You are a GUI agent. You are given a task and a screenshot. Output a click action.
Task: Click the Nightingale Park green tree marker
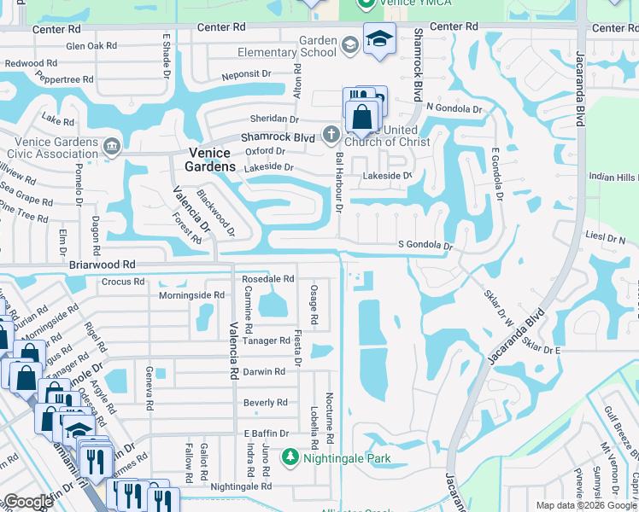coord(290,458)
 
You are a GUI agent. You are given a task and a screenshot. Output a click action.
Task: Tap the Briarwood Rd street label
coord(103,265)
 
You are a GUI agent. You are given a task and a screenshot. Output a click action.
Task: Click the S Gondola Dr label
coord(425,246)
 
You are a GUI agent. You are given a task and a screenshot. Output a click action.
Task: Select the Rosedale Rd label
coord(268,279)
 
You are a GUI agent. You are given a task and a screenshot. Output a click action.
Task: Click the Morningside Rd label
coord(191,295)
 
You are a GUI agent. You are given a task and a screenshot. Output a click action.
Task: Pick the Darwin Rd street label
coord(264,371)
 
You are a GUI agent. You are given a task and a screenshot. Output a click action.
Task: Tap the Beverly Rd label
coord(265,403)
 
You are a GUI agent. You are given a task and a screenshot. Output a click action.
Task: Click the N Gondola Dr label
coord(454,108)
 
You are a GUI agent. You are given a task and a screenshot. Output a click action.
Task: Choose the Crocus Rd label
coord(122,282)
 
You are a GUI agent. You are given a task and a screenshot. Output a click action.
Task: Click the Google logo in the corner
coord(28,501)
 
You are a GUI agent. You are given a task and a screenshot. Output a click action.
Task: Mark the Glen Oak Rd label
coord(91,45)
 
